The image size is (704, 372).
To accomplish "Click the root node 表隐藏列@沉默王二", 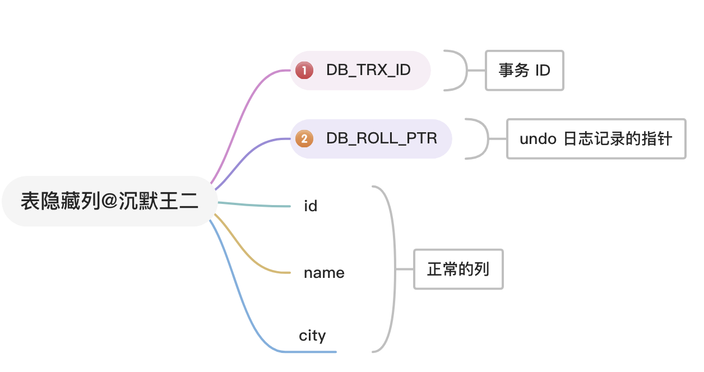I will click(109, 201).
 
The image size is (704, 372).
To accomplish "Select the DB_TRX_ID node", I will click(368, 70).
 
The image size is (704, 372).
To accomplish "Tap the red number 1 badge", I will click(304, 71).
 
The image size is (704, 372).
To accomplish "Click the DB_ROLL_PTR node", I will click(381, 138).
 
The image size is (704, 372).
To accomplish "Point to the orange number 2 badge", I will click(304, 139).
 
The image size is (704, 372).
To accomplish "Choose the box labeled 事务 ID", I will click(524, 71).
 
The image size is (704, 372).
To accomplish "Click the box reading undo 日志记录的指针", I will click(596, 139).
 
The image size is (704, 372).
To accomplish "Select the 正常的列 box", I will click(458, 269).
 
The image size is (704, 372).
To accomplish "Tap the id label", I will click(311, 206).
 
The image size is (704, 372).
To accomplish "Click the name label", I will click(324, 273).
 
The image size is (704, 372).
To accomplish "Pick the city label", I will click(312, 336).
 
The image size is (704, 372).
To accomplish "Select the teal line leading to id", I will click(252, 204).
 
